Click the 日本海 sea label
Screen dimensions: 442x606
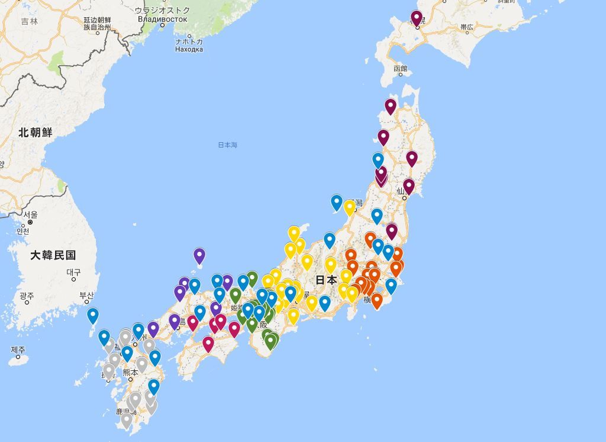(227, 145)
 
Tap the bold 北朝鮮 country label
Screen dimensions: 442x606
(35, 132)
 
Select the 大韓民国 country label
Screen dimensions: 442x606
(53, 255)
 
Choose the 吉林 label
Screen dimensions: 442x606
(29, 21)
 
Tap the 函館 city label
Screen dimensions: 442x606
(401, 69)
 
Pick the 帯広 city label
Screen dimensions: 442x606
(467, 27)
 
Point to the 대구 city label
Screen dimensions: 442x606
(73, 273)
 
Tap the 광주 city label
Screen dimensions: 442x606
(27, 295)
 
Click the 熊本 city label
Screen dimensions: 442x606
(130, 372)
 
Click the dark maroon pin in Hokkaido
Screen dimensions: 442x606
(417, 18)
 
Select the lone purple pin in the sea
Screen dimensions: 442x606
(199, 255)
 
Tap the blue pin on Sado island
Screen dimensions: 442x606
(336, 202)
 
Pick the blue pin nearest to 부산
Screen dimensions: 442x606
(92, 316)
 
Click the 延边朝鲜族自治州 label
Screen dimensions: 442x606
(97, 24)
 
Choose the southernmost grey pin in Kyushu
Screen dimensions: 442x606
(126, 420)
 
